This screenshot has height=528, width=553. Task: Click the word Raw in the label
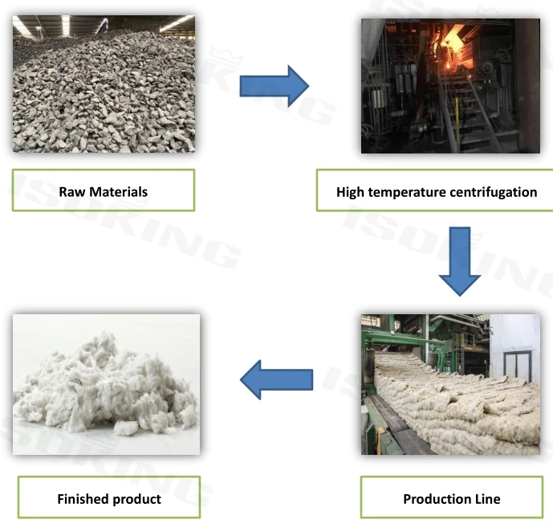[71, 191]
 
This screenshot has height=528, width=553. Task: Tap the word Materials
[116, 191]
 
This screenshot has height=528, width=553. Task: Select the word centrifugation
[490, 192]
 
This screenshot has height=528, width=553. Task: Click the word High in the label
[351, 192]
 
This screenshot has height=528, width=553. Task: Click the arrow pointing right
[275, 86]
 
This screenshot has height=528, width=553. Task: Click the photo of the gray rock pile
[104, 84]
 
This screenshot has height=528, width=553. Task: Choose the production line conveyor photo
[450, 383]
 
